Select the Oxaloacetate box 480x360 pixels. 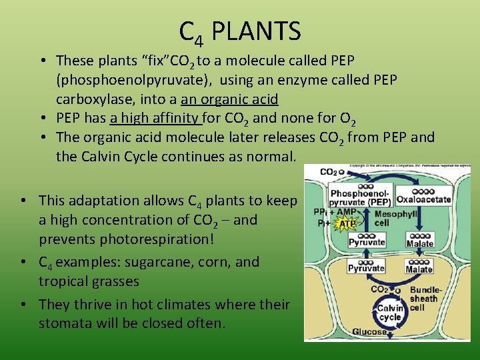(423, 199)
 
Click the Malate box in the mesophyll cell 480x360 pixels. (419, 243)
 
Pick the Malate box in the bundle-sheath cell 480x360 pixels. (419, 269)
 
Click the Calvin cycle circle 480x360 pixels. (390, 312)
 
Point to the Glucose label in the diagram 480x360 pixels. (369, 332)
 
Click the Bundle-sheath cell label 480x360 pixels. (424, 299)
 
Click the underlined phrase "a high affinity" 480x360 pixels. (155, 119)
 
